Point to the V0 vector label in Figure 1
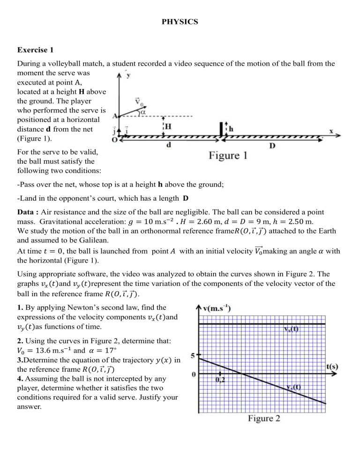(138, 102)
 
